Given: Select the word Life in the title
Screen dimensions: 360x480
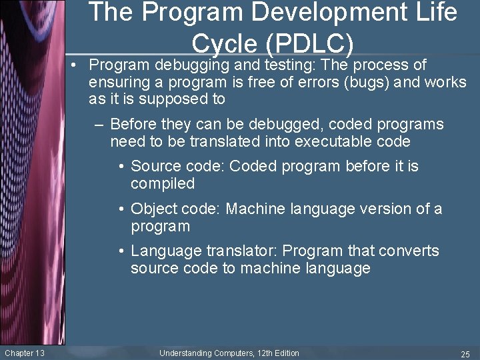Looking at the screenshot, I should click(436, 12).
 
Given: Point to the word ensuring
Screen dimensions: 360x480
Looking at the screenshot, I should click(119, 83).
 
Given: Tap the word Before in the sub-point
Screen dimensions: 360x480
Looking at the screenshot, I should click(133, 125).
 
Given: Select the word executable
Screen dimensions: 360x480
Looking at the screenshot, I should click(335, 141).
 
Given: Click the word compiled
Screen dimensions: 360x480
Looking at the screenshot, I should click(163, 183).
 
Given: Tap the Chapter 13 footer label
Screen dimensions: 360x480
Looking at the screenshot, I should click(24, 353).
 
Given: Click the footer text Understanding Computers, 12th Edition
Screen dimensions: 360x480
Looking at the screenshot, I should click(229, 353).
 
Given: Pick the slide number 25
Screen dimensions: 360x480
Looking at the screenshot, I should click(465, 353).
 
